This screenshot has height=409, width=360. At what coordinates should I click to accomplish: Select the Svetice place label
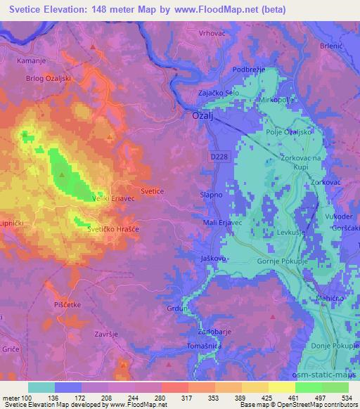tap(153, 191)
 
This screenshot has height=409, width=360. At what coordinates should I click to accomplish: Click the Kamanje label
tap(32, 62)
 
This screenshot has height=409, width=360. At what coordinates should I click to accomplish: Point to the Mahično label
tap(328, 298)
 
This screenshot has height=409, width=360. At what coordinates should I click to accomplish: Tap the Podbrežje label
tap(249, 70)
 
